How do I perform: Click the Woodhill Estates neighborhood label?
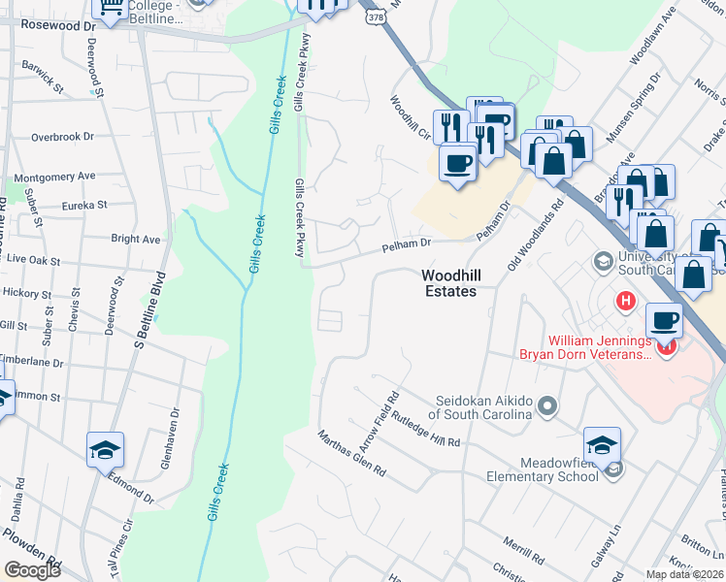[450, 283]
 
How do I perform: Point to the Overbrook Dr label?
[62, 138]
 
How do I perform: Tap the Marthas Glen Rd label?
[352, 453]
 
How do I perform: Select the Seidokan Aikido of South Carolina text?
[473, 407]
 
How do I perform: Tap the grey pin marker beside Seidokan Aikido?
[548, 404]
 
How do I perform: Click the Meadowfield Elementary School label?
[544, 469]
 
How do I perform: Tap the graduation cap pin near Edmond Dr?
[105, 449]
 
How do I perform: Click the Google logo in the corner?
[32, 570]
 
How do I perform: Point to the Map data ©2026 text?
[683, 574]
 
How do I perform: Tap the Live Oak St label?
[29, 262]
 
